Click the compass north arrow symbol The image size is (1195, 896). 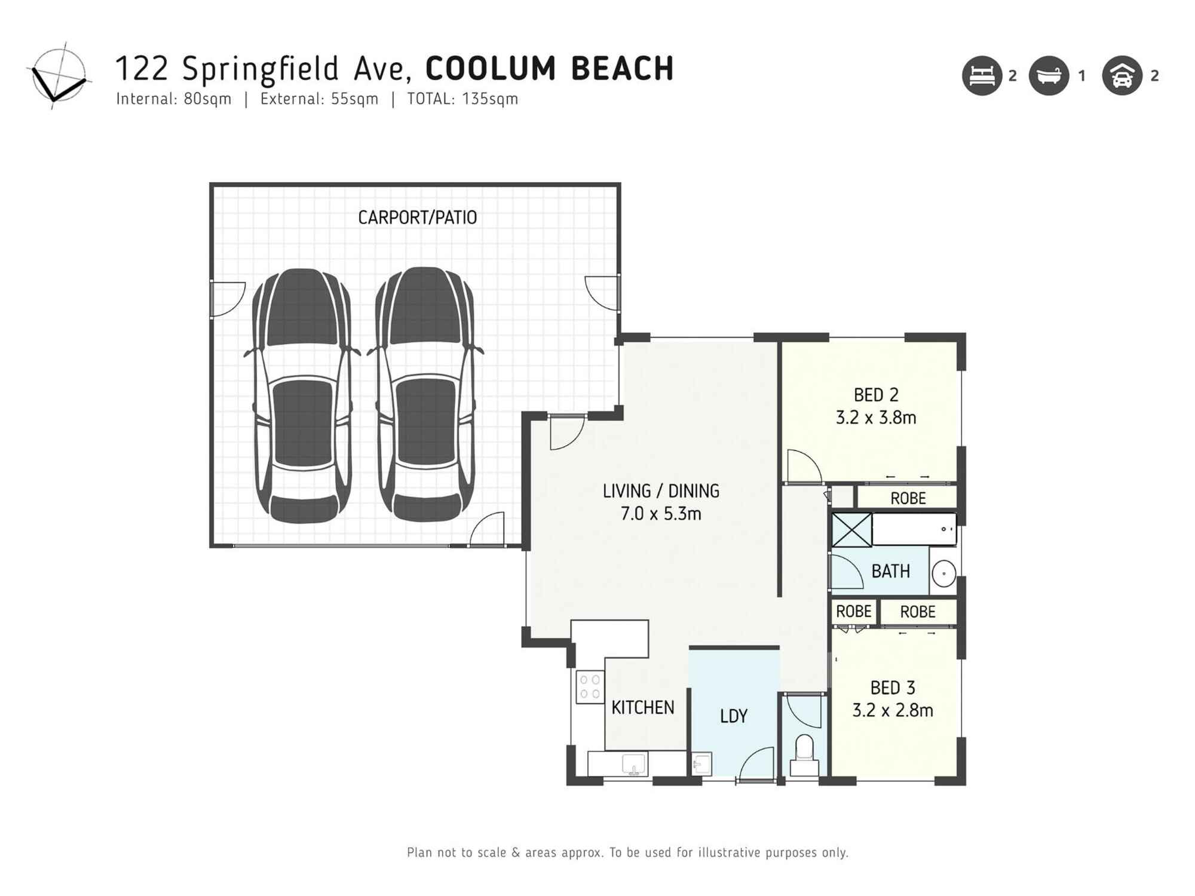(x=59, y=76)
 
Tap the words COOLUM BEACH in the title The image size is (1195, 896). (x=549, y=68)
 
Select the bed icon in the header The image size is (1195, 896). (x=982, y=76)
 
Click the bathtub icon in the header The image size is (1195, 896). (x=1049, y=76)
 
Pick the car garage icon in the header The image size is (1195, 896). (x=1122, y=76)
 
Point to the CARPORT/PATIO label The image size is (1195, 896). (x=417, y=217)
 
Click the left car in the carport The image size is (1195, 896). (x=302, y=395)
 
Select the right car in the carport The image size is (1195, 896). (x=425, y=394)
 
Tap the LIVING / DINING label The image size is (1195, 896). (x=661, y=491)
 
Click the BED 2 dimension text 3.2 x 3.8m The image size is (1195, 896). (x=876, y=418)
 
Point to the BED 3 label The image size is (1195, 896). (x=893, y=688)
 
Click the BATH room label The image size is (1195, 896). (x=890, y=572)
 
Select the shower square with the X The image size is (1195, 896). (x=851, y=530)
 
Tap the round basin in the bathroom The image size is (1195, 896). (x=943, y=573)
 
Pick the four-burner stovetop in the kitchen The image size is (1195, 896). (x=590, y=686)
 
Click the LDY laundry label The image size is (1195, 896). (x=734, y=716)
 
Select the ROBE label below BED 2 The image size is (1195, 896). (x=908, y=498)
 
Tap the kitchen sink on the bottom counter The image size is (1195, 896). (x=633, y=764)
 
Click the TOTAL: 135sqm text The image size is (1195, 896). (x=462, y=99)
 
